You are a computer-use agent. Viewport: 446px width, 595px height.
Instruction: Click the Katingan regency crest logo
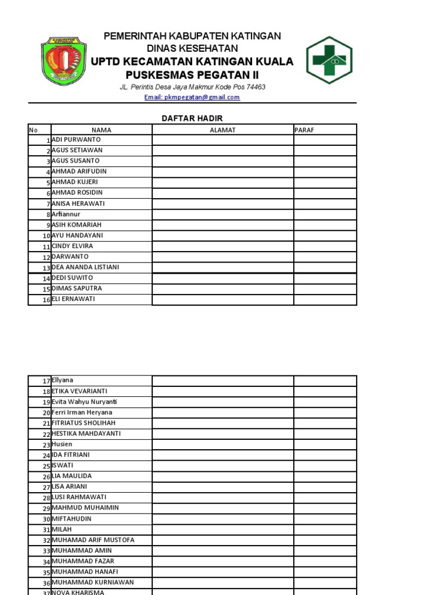point(63,60)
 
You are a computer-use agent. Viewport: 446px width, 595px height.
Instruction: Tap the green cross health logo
point(329,60)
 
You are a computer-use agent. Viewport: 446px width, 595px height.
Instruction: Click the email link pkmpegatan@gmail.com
point(192,98)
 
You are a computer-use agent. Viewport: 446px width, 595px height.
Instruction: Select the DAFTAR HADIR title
point(192,119)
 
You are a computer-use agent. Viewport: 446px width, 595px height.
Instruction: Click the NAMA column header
point(102,130)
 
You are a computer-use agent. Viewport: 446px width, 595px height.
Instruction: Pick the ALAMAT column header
point(222,130)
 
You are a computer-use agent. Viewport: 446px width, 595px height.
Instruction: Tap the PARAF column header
point(304,130)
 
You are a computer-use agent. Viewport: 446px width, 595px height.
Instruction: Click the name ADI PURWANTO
point(76,140)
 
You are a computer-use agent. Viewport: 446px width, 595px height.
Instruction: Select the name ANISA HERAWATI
point(78,204)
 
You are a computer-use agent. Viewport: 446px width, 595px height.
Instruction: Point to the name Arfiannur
point(66,214)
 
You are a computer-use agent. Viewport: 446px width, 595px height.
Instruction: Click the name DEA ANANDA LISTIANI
point(85,267)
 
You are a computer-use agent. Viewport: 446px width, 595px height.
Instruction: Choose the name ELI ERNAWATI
point(73,299)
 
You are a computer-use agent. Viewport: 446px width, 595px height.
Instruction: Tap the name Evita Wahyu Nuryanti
point(84,402)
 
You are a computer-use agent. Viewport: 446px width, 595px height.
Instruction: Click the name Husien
point(62,445)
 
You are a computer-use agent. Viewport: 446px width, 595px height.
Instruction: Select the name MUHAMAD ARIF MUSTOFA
point(93,540)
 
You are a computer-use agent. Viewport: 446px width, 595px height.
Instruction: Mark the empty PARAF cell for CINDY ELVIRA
point(325,246)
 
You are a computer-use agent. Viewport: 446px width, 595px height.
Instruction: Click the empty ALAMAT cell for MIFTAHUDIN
point(222,519)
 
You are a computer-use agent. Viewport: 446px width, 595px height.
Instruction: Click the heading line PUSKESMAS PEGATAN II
point(192,76)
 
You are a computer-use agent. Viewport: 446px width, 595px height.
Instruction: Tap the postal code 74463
point(256,87)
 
